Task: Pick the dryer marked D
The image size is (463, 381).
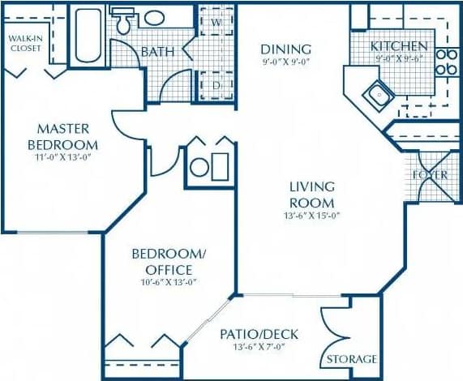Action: click(216, 84)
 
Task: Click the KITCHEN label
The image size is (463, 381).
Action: click(399, 46)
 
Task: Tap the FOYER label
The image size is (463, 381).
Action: click(430, 174)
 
